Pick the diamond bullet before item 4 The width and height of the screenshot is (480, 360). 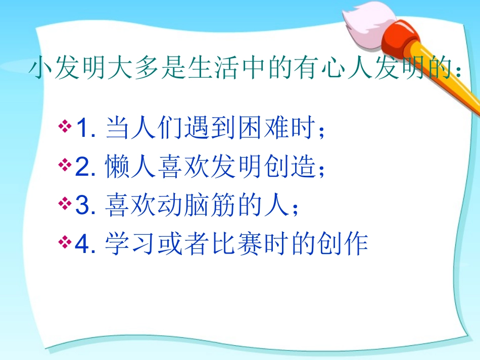(x=65, y=243)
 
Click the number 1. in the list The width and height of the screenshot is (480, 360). (x=86, y=129)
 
